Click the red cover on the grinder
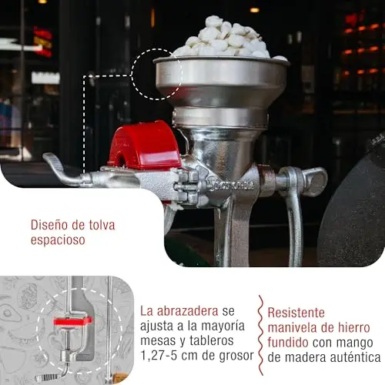(x=145, y=144)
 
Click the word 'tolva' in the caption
(x=102, y=225)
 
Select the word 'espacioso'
(x=58, y=240)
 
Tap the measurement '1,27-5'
(x=159, y=356)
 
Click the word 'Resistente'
(x=296, y=313)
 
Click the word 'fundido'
(x=288, y=343)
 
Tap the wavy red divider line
(x=261, y=335)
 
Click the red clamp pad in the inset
(x=73, y=321)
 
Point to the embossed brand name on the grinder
(x=231, y=186)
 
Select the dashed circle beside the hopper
(x=132, y=75)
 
